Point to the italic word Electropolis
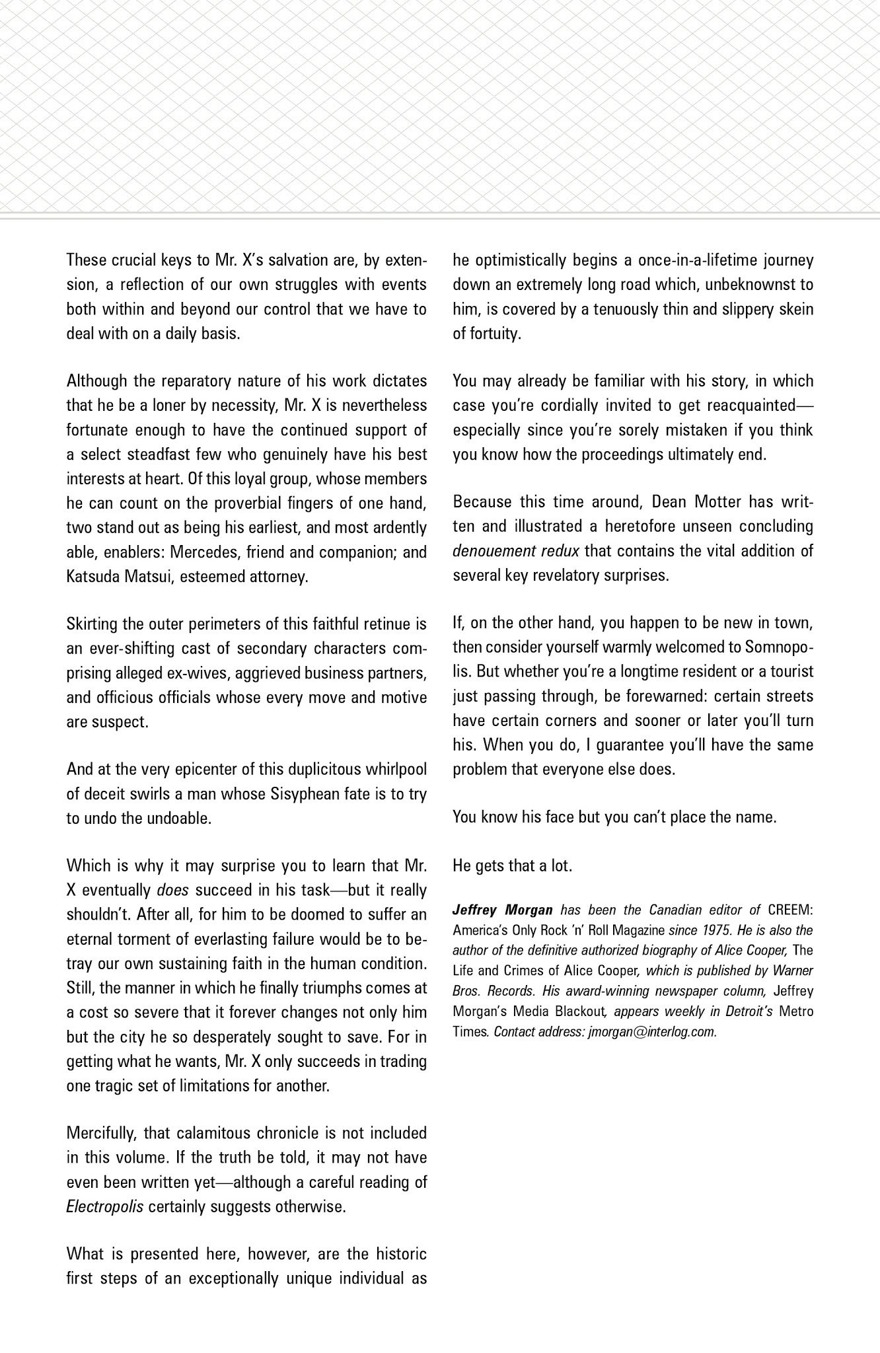105,1206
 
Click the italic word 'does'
173,890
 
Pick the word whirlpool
389,769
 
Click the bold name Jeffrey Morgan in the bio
502,910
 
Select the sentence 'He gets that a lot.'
512,865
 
